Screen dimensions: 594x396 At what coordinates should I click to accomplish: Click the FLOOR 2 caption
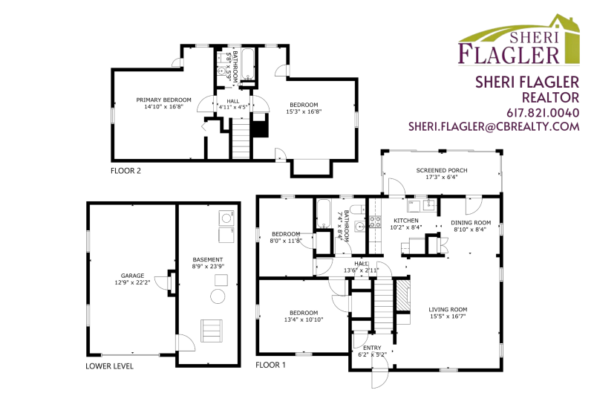tap(125, 171)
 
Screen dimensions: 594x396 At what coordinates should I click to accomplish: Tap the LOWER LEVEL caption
tap(109, 366)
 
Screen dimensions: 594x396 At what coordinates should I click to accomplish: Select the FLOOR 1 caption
tap(270, 365)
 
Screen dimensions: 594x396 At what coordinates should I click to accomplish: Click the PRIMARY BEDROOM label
tap(163, 100)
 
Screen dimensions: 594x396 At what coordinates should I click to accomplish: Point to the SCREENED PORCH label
tap(442, 171)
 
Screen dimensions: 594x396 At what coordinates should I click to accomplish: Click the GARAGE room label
tap(133, 276)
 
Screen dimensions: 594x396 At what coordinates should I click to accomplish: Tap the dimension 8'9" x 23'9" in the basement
tap(208, 266)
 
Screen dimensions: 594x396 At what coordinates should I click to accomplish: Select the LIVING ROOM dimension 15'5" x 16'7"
tap(448, 316)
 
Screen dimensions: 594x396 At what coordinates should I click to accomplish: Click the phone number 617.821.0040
tap(543, 113)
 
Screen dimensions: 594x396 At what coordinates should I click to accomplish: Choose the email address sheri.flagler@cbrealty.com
tap(494, 126)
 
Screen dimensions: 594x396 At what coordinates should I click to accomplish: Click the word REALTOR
tap(550, 98)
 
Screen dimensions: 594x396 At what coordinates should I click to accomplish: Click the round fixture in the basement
tap(218, 296)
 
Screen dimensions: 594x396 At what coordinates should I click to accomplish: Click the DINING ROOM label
tap(471, 223)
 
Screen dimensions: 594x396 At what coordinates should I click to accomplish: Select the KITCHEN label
tap(406, 221)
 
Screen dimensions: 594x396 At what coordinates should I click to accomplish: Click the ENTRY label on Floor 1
tap(372, 348)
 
